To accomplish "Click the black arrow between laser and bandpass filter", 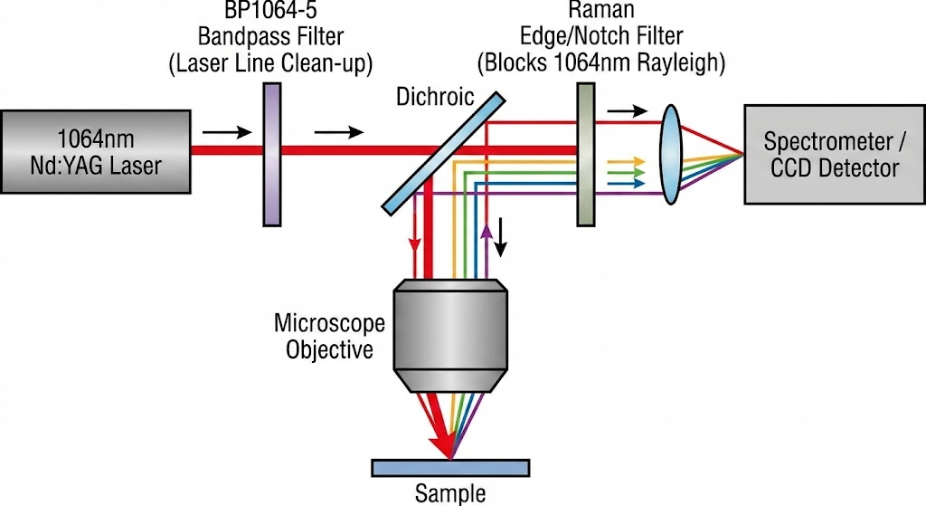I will coord(221,132).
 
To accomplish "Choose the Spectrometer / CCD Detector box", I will coord(831,154).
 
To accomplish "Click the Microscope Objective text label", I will coord(329,336).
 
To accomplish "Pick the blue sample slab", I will coord(450,466).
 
